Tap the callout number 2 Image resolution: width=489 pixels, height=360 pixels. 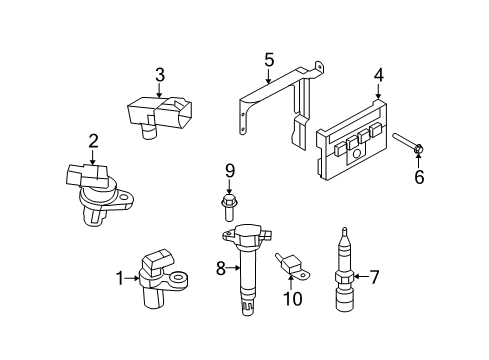point(93,141)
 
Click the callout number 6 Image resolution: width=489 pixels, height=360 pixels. point(419,178)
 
